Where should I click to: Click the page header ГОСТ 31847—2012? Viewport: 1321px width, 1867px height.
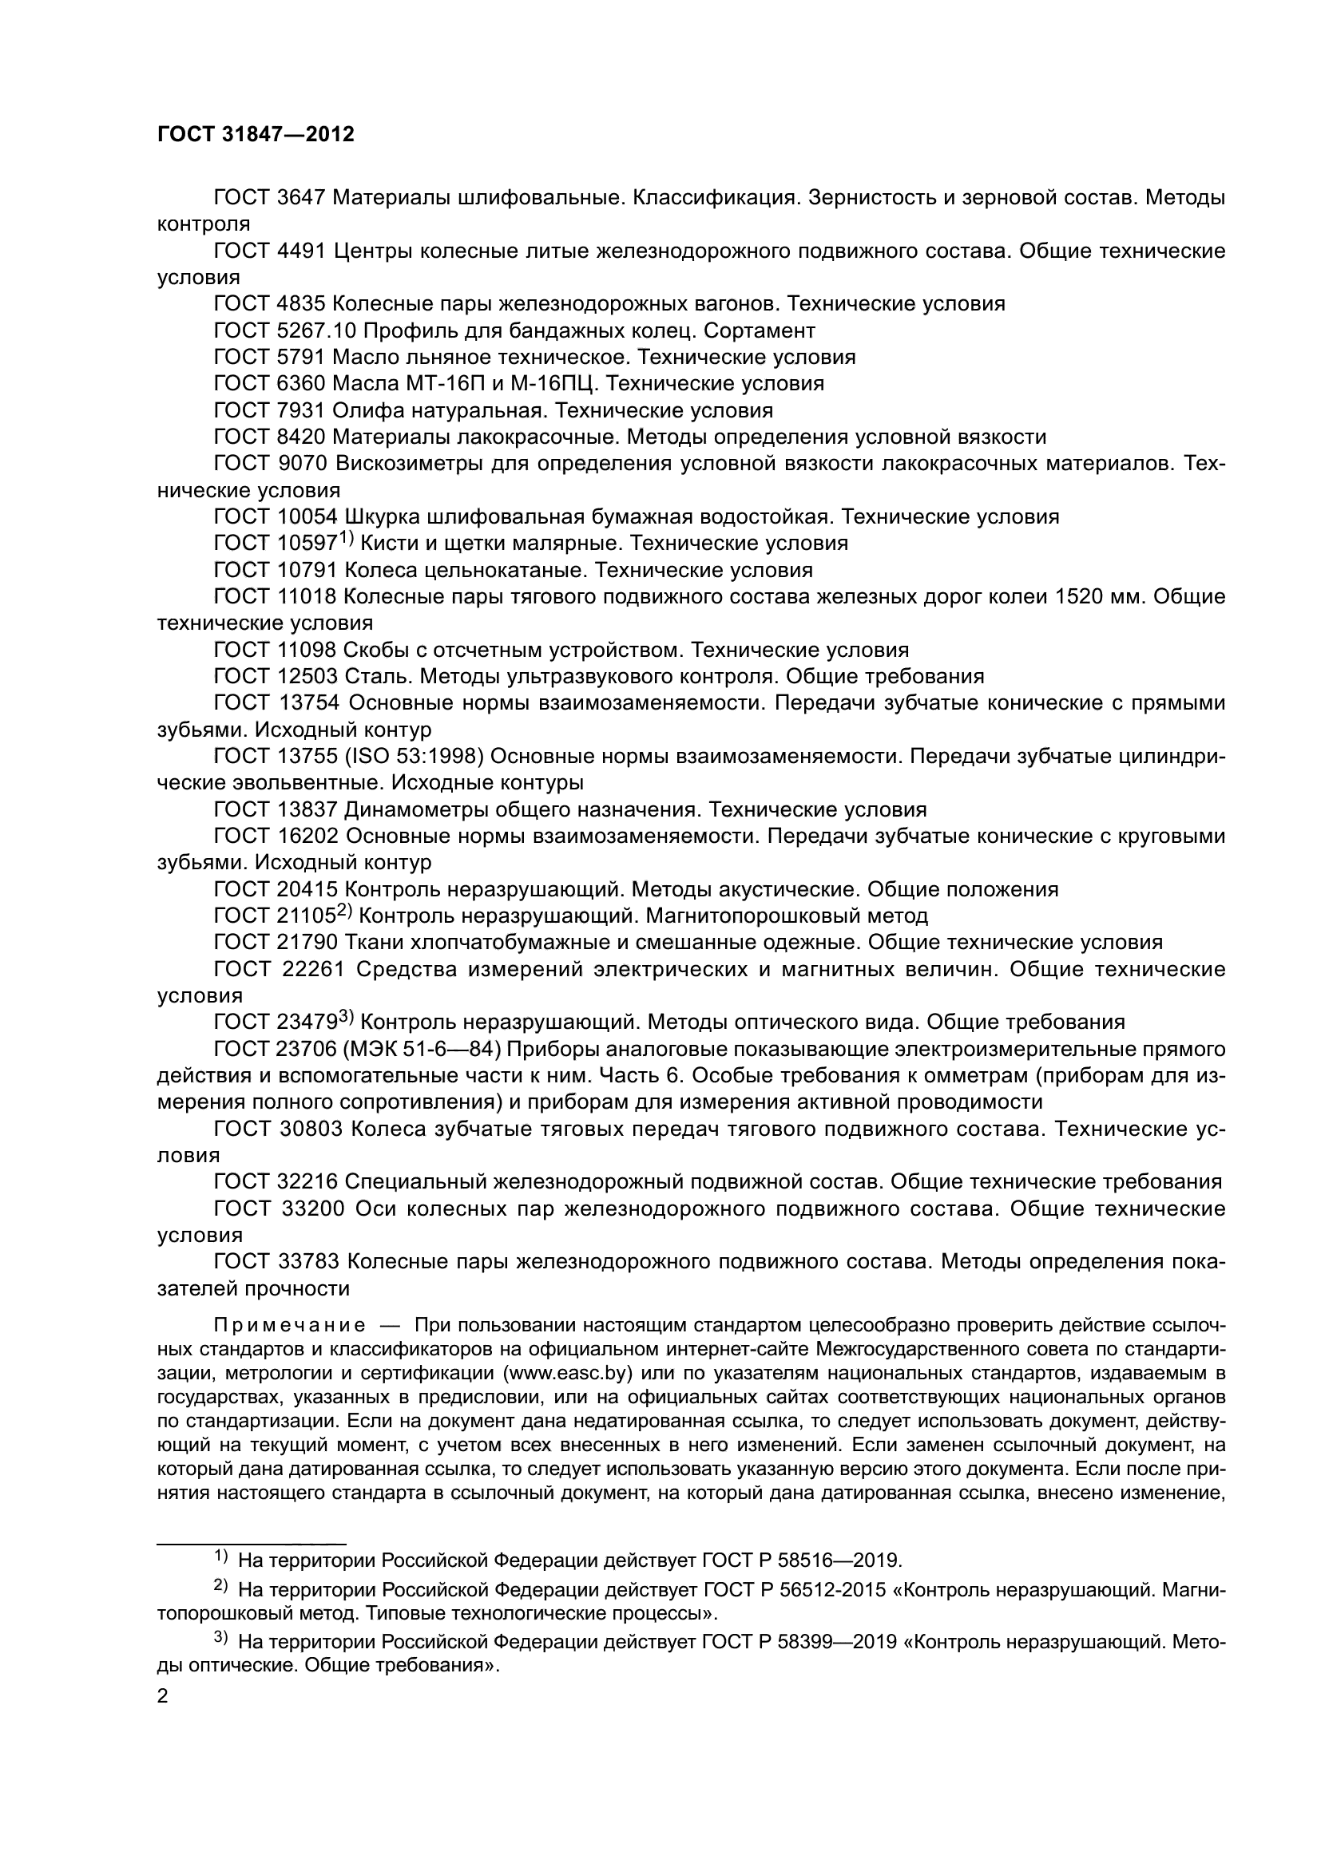pos(256,135)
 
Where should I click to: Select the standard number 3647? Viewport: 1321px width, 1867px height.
pos(301,198)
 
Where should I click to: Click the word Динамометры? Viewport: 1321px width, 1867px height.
pos(415,810)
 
